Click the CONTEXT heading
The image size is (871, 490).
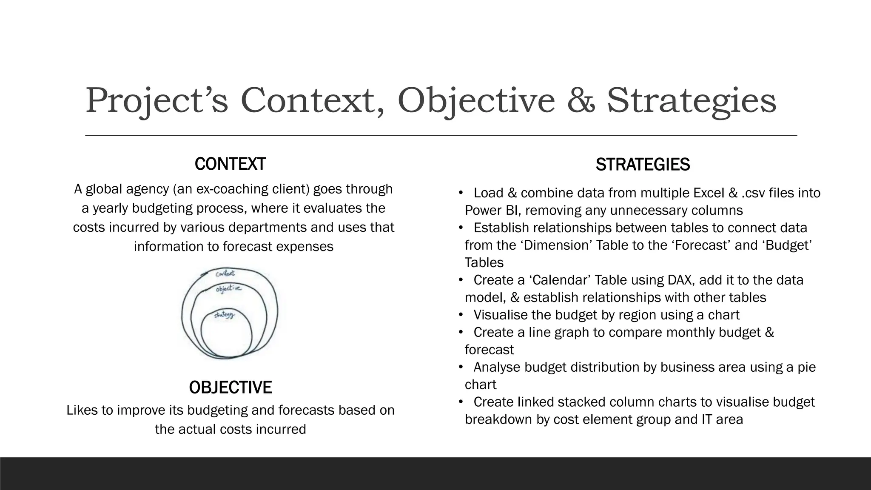click(230, 164)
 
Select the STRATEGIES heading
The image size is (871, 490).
click(643, 165)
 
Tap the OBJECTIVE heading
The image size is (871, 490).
click(230, 387)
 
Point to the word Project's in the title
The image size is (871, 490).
click(157, 101)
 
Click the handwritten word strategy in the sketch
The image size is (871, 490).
click(224, 315)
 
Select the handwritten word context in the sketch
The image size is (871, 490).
click(225, 273)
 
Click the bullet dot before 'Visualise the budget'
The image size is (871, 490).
click(461, 315)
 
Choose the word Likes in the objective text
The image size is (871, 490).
click(82, 410)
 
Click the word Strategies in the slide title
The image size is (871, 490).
click(692, 101)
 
